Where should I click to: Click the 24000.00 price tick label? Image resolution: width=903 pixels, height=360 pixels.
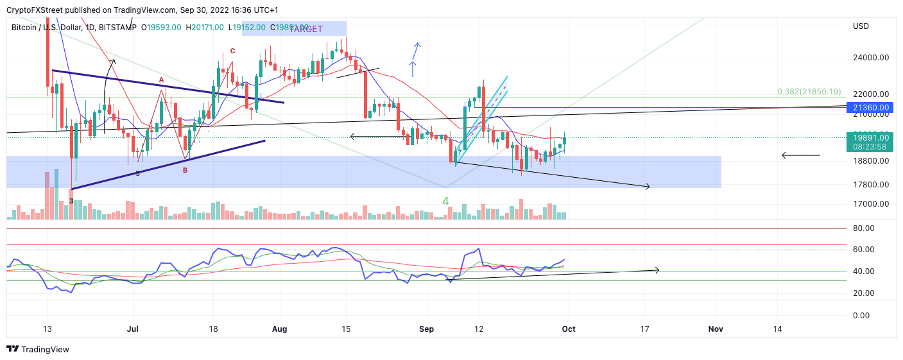tap(871, 57)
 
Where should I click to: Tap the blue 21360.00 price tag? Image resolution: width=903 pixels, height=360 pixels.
tap(871, 107)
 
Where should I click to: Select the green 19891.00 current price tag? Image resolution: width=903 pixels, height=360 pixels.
tap(871, 137)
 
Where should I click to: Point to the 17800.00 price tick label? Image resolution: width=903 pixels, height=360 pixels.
tap(871, 185)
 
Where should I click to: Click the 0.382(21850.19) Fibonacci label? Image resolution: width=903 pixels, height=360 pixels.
tap(809, 92)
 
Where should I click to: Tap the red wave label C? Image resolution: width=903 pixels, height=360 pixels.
tap(233, 51)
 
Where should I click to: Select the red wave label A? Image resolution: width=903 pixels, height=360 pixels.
tap(162, 80)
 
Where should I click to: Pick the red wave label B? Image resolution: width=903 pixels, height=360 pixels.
tap(185, 170)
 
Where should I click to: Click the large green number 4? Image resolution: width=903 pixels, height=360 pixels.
tap(445, 201)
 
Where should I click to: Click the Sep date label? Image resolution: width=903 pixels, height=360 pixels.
tap(426, 329)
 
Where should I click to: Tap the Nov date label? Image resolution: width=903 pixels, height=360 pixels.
tap(716, 329)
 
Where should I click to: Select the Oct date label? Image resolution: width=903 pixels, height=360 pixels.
tap(569, 329)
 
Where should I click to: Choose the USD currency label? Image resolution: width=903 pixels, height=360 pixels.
tap(861, 26)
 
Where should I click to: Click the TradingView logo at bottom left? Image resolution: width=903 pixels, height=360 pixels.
tap(38, 350)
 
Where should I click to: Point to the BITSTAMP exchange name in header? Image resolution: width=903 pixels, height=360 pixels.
tap(119, 28)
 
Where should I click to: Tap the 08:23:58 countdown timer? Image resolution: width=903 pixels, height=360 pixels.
tap(871, 147)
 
